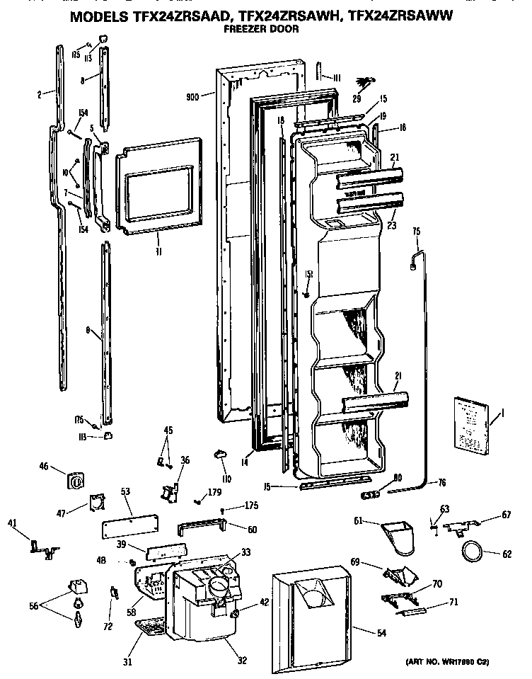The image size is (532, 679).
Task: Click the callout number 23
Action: point(391,227)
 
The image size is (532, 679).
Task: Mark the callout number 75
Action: point(416,230)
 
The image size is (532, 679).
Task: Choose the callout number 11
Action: point(157,249)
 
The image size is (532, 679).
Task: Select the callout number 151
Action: point(308,274)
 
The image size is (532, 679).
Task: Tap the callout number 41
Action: point(12,523)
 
